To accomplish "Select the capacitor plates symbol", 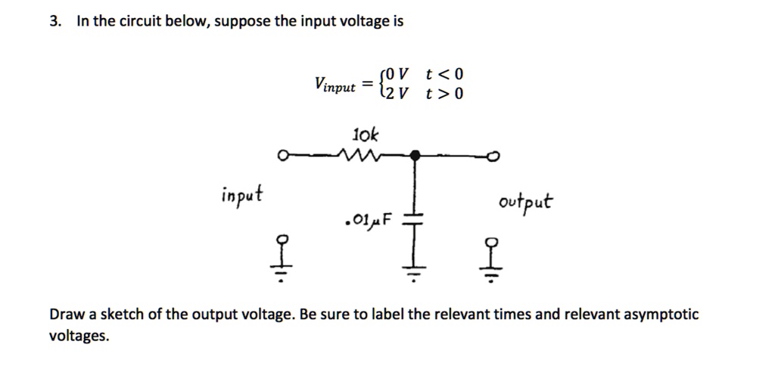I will pyautogui.click(x=413, y=219).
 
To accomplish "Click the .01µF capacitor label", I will pyautogui.click(x=369, y=222).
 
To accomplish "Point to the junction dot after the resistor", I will pyautogui.click(x=413, y=156).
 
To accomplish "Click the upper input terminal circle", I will pyautogui.click(x=282, y=157).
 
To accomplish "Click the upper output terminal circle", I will pyautogui.click(x=495, y=157).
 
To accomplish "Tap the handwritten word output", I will pyautogui.click(x=525, y=203).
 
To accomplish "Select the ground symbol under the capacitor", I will pyautogui.click(x=413, y=274).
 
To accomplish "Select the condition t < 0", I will pyautogui.click(x=444, y=74).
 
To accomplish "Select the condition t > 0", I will pyautogui.click(x=444, y=94).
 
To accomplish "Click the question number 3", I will pyautogui.click(x=54, y=21).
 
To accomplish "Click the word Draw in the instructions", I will pyautogui.click(x=64, y=315).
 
